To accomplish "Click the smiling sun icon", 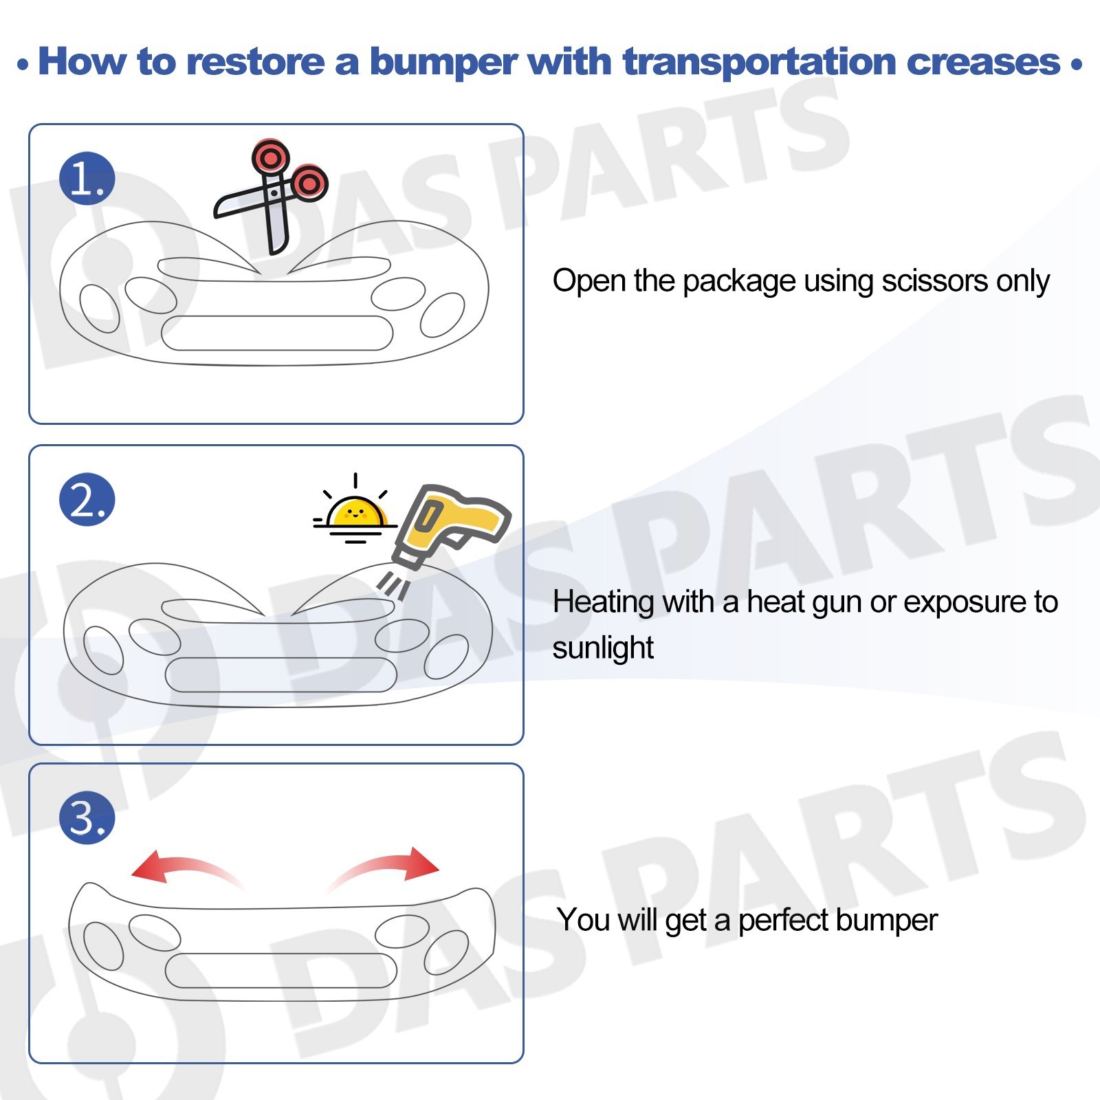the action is tap(355, 509).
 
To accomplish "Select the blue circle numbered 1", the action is tap(87, 178).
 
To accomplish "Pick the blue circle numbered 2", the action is tap(87, 499).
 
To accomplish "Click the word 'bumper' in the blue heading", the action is tap(443, 62).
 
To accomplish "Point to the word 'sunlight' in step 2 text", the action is tap(603, 648).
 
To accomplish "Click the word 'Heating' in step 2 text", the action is tap(604, 602).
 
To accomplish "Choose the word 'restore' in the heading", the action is tap(255, 62).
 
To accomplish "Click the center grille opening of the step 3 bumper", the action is tap(281, 971).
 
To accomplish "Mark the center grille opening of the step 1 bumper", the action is tap(277, 333).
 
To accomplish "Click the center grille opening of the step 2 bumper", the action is tap(281, 674).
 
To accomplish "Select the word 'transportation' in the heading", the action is tap(759, 62).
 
